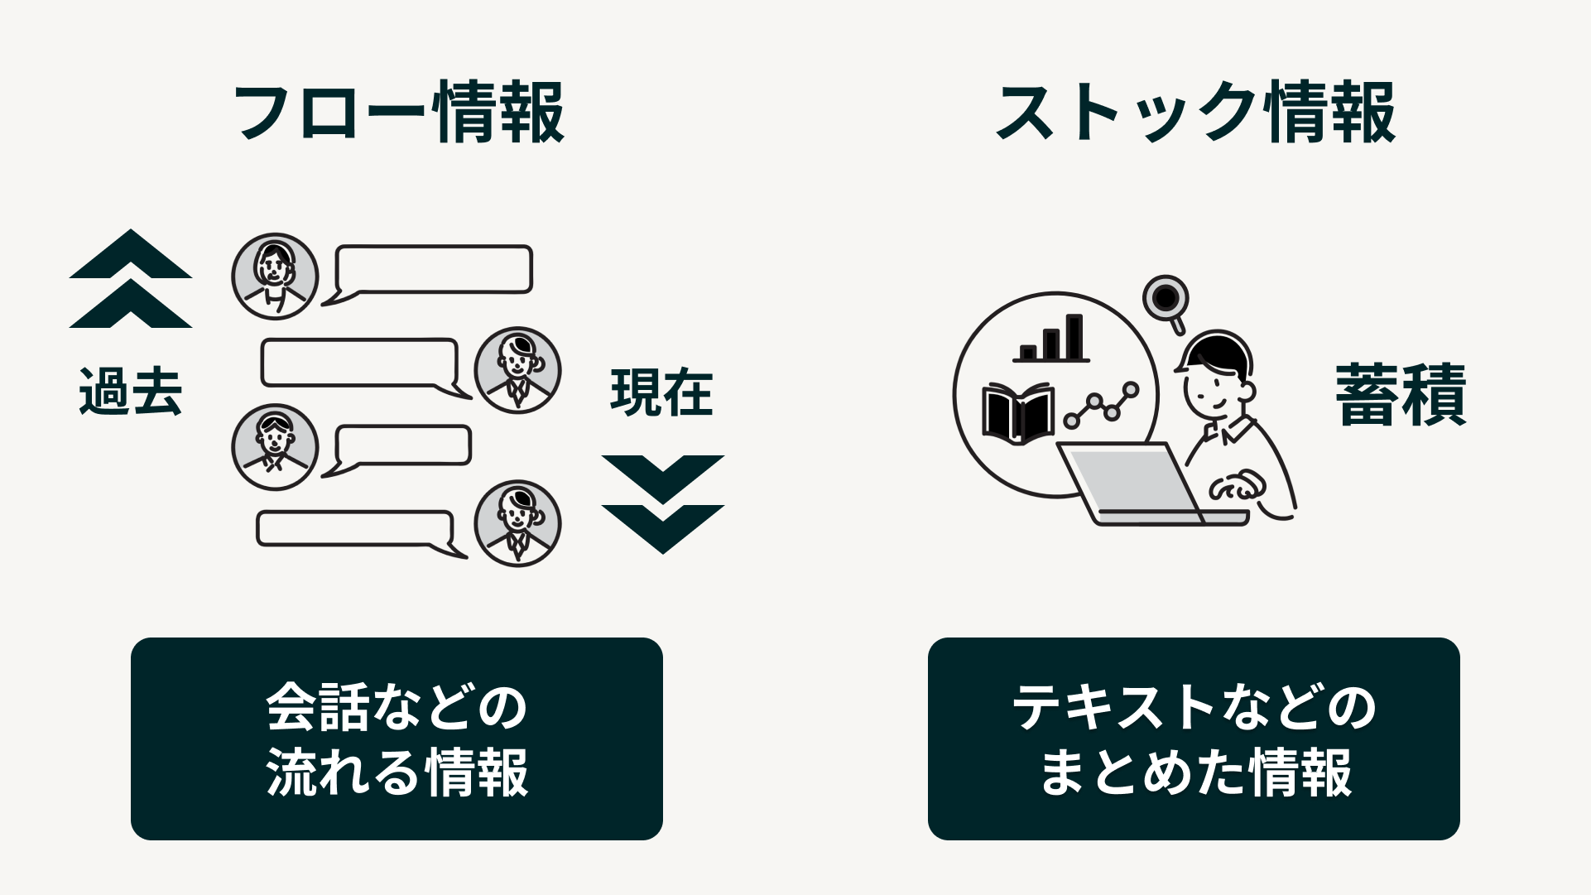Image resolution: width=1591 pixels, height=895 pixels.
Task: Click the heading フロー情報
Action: click(399, 113)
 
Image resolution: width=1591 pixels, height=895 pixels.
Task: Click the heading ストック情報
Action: click(1195, 113)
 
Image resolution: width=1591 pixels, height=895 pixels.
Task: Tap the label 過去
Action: click(130, 392)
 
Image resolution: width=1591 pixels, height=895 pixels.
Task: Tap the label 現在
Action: click(661, 392)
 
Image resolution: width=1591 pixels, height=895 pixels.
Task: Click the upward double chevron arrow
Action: click(131, 280)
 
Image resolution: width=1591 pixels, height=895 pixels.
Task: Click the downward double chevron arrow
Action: click(662, 503)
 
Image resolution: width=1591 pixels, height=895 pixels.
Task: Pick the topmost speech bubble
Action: click(432, 270)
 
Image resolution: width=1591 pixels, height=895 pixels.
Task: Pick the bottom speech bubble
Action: click(356, 530)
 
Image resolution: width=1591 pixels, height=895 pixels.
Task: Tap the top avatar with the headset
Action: click(275, 277)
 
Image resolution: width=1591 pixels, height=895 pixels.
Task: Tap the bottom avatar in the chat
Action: click(517, 523)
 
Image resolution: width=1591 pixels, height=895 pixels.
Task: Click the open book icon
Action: click(1017, 413)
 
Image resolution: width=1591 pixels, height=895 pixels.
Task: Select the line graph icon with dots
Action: click(1101, 406)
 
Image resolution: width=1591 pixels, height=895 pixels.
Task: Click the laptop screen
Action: click(1130, 482)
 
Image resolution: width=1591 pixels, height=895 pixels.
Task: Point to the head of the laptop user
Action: click(1215, 377)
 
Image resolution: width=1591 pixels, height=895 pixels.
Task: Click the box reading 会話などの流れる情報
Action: click(397, 739)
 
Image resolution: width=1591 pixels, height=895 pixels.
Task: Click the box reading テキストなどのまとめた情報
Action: click(1194, 739)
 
